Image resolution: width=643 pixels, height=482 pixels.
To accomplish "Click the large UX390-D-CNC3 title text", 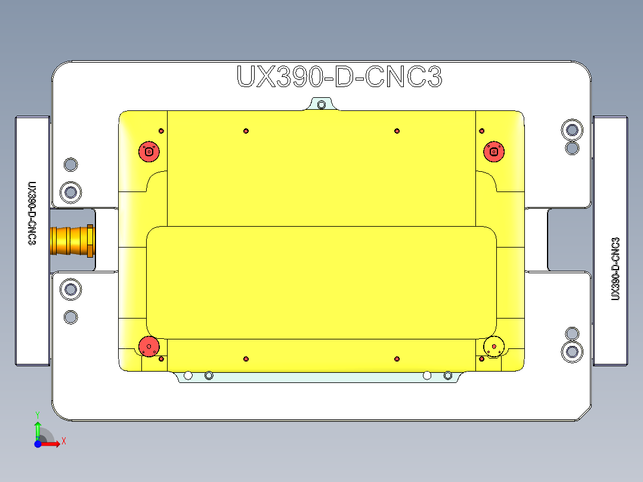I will (339, 77).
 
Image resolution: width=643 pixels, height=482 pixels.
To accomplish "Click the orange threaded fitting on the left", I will (72, 240).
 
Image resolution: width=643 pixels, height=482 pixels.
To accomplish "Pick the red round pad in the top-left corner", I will (149, 152).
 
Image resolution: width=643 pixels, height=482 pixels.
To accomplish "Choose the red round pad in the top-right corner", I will (493, 152).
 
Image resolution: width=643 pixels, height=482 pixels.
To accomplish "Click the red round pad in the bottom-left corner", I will (148, 345).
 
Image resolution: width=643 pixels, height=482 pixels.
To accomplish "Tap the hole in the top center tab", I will (321, 105).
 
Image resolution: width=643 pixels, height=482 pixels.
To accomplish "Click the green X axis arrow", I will (52, 443).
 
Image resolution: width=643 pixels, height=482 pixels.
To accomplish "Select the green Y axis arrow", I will (38, 428).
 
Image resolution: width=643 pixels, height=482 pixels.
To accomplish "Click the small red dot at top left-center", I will (246, 131).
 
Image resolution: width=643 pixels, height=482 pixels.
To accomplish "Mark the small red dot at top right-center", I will (397, 131).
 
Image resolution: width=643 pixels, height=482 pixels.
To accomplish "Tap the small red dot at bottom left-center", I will (246, 359).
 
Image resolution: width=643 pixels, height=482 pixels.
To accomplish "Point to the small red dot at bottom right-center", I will (397, 359).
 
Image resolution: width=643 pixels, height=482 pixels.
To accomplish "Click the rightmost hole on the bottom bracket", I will (448, 375).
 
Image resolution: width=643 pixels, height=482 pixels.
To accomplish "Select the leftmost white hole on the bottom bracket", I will (188, 375).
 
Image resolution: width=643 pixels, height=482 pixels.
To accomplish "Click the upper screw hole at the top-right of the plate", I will (572, 128).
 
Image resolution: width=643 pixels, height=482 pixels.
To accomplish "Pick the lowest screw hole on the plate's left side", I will (70, 316).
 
